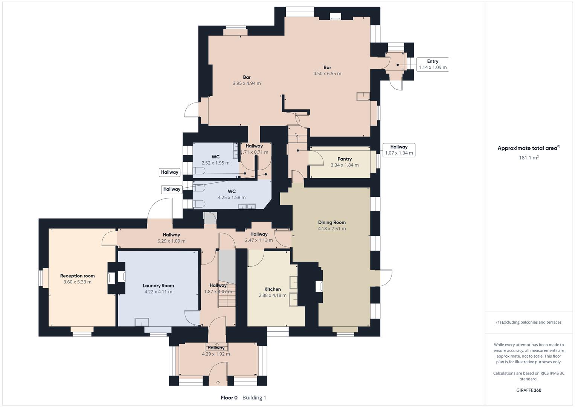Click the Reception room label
click(x=77, y=276)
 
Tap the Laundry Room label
click(x=158, y=286)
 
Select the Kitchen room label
click(x=272, y=289)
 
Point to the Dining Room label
click(x=332, y=222)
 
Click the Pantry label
click(x=345, y=159)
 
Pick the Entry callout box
click(x=433, y=64)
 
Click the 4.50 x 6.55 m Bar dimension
click(x=327, y=74)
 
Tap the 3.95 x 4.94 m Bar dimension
click(x=247, y=84)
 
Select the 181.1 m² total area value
click(x=529, y=158)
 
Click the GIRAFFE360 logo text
click(x=529, y=390)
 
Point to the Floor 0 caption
click(x=229, y=398)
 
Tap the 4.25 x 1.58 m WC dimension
click(x=232, y=197)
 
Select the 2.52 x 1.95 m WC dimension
click(x=215, y=163)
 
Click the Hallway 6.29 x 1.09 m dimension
click(x=171, y=241)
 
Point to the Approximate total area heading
click(x=528, y=148)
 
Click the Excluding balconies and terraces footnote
click(x=529, y=322)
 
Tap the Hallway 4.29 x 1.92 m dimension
click(x=216, y=354)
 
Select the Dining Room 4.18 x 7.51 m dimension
click(x=332, y=229)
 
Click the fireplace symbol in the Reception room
click(x=111, y=278)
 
